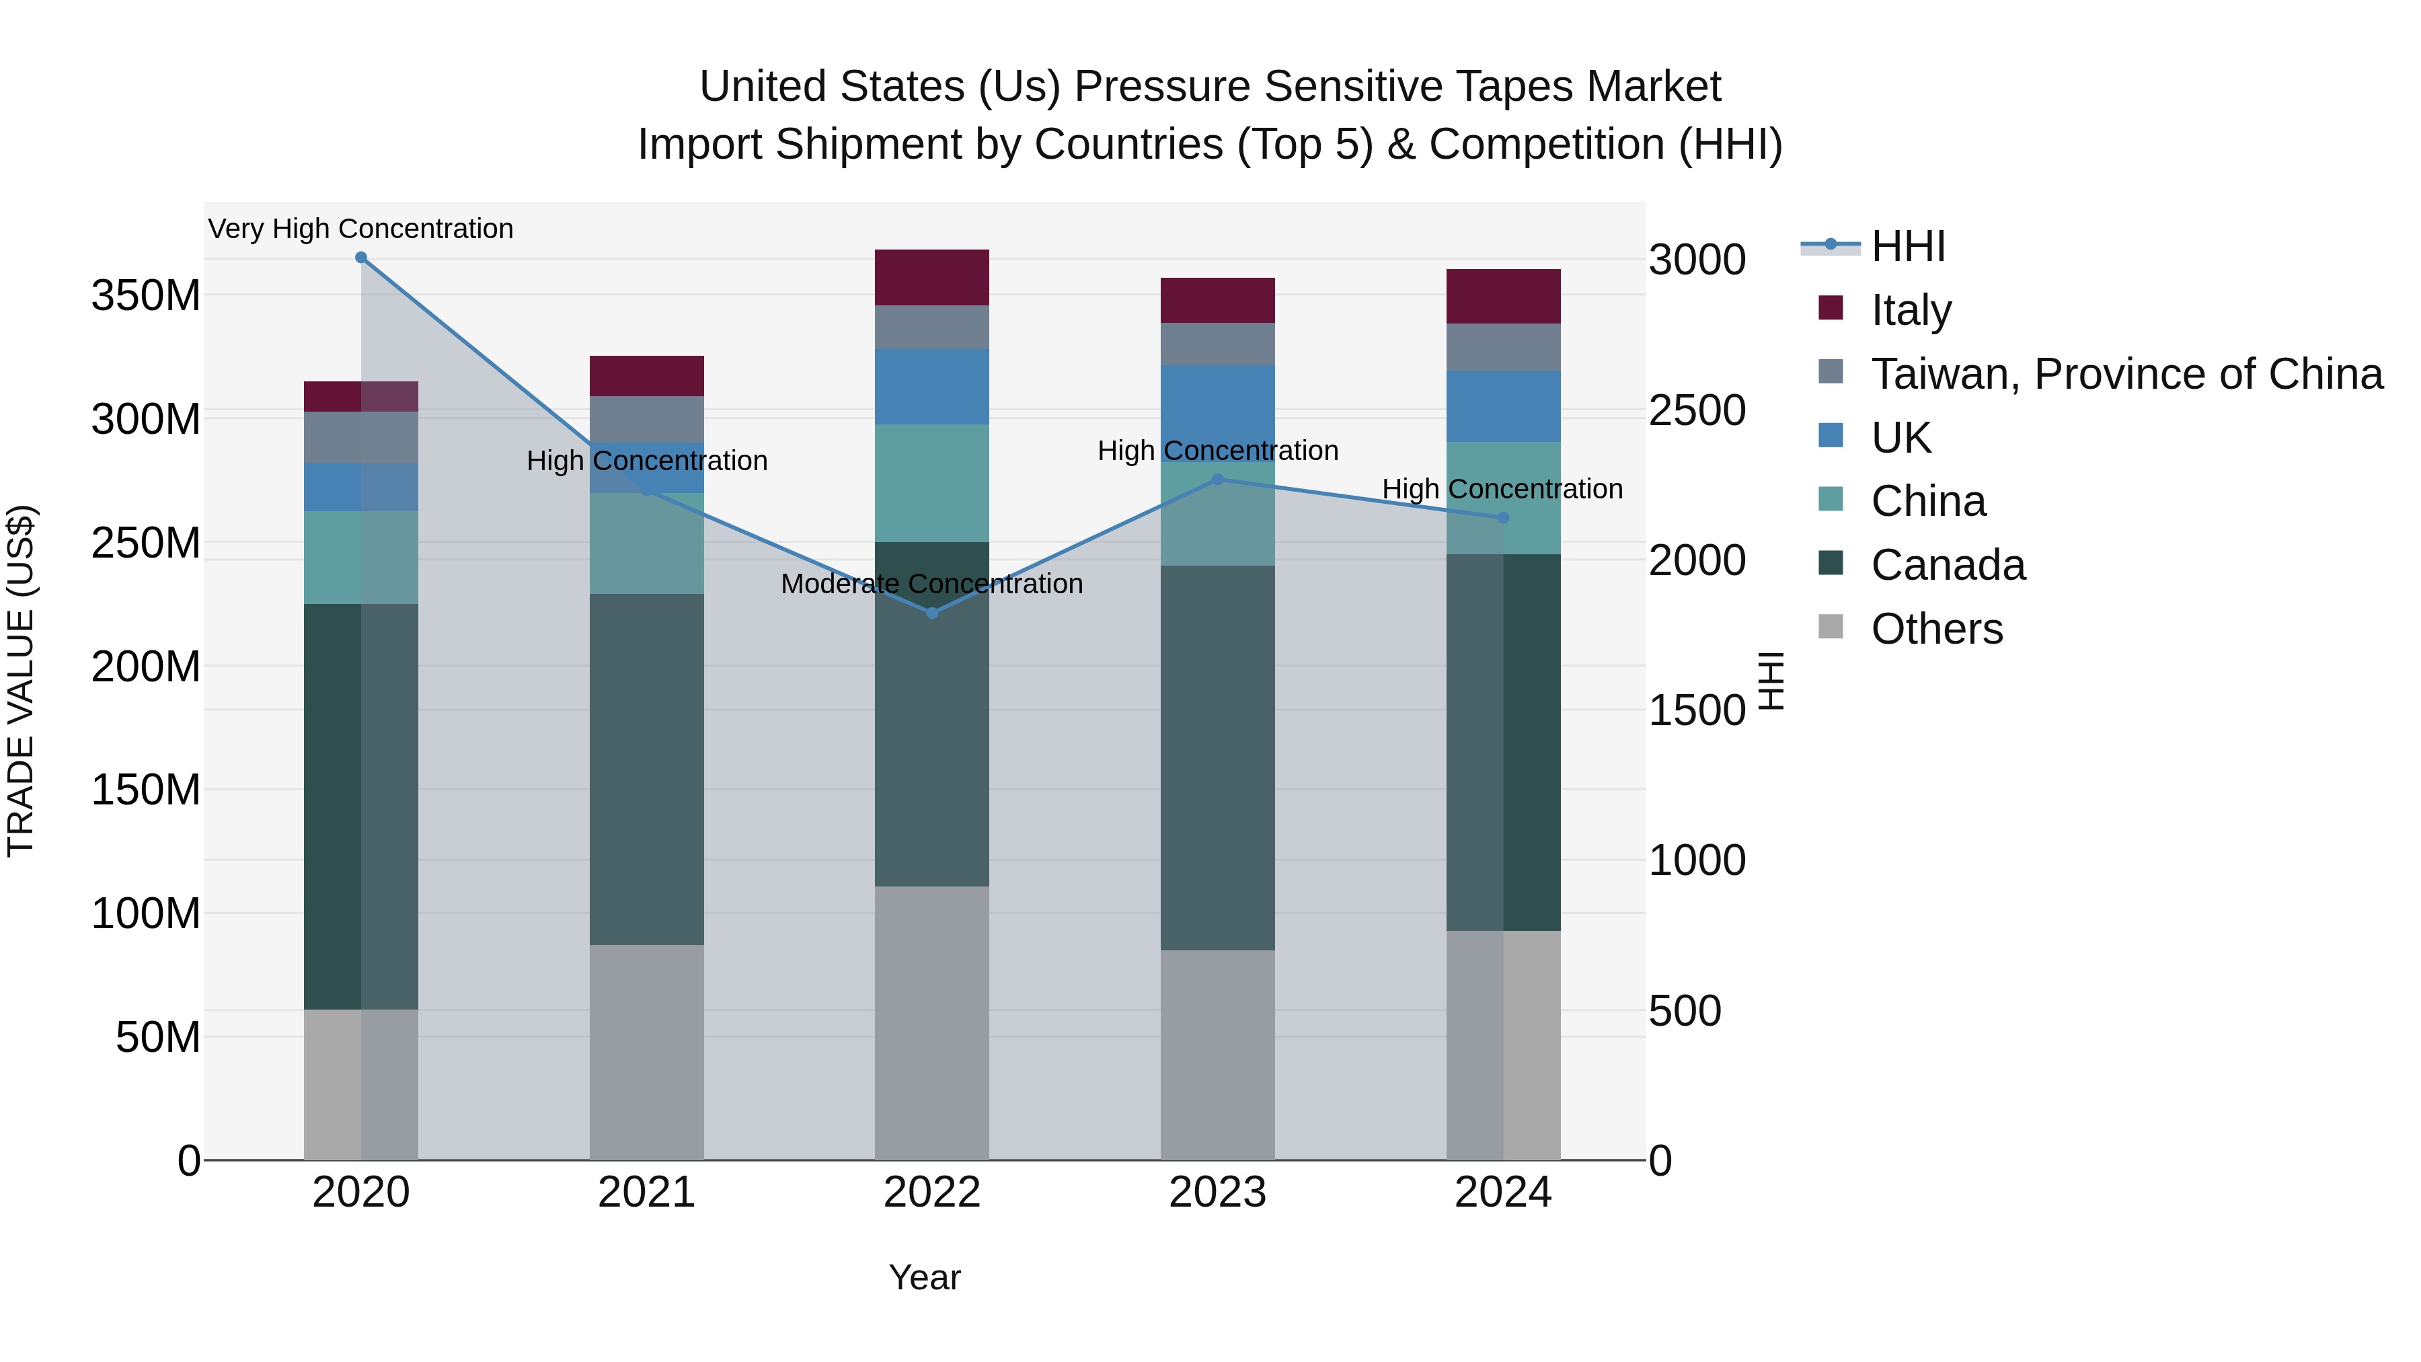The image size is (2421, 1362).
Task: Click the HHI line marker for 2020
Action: (x=361, y=258)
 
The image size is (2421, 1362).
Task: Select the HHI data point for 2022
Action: (x=932, y=613)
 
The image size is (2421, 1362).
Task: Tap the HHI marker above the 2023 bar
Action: (x=1217, y=480)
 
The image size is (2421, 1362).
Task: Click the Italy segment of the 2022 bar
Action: (x=932, y=277)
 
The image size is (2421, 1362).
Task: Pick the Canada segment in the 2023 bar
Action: (x=1217, y=757)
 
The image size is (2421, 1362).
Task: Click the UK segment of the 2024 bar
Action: (x=1503, y=406)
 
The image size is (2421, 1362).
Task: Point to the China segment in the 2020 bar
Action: (x=361, y=558)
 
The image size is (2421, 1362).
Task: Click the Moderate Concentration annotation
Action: (x=931, y=584)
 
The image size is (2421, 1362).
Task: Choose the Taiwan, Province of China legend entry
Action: (x=2126, y=374)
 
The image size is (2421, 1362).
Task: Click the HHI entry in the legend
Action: (x=1908, y=246)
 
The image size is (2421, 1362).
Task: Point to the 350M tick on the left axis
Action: (x=146, y=296)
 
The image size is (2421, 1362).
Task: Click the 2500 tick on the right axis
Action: (x=1697, y=411)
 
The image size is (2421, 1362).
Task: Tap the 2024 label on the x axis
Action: (x=1503, y=1193)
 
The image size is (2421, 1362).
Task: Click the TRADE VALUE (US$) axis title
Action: (x=22, y=681)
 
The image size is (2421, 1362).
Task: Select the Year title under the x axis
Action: (x=925, y=1277)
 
